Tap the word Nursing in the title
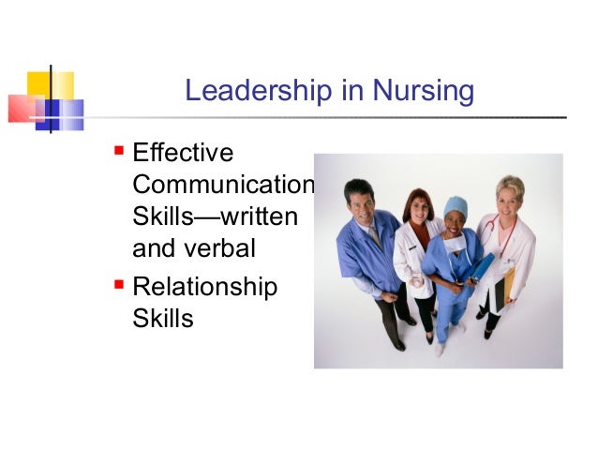click(x=423, y=92)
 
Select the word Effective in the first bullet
click(x=184, y=152)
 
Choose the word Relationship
click(x=205, y=286)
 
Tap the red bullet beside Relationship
click(x=119, y=282)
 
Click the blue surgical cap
click(x=456, y=205)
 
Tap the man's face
click(x=361, y=199)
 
